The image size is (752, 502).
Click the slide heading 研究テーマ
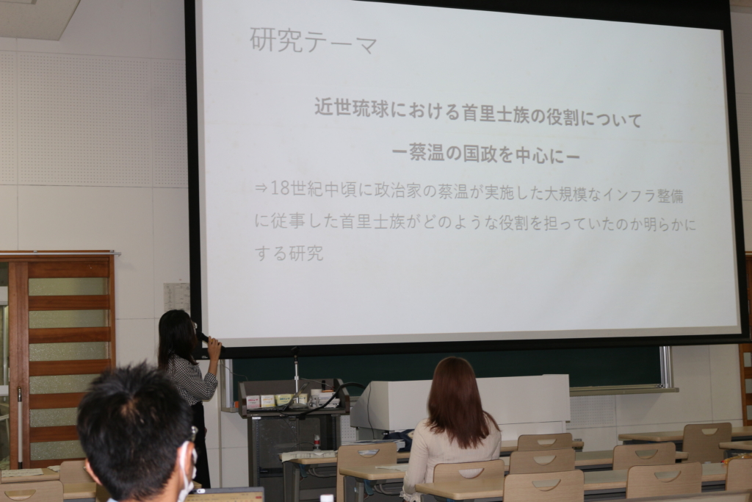(x=314, y=41)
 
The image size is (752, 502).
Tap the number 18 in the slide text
(x=281, y=188)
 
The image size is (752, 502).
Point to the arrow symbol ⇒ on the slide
(x=261, y=189)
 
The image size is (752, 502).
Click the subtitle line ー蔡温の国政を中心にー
(x=486, y=154)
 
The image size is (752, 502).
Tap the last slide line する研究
(x=289, y=253)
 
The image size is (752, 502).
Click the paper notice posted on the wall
(x=176, y=298)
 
